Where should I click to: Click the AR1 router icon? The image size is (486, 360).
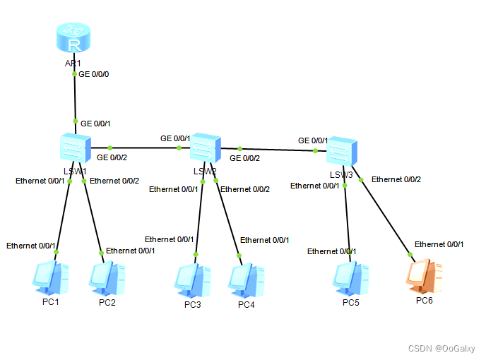[74, 40]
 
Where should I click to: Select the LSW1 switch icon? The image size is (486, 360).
[74, 148]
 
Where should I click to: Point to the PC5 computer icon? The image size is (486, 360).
[350, 280]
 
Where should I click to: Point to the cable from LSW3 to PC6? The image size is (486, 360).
[385, 216]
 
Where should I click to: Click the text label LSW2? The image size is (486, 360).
[204, 171]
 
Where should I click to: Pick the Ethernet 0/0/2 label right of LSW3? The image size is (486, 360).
[396, 179]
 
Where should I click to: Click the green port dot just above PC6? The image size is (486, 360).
[409, 254]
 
